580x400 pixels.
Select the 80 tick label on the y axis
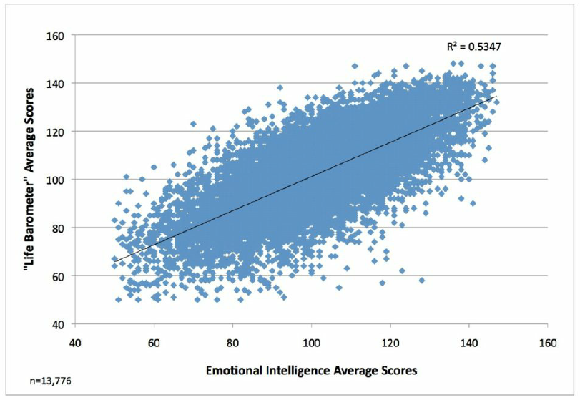pyautogui.click(x=58, y=228)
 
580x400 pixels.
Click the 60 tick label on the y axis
pyautogui.click(x=58, y=275)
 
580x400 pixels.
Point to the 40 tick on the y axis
pyautogui.click(x=58, y=324)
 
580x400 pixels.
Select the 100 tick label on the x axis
pyautogui.click(x=311, y=342)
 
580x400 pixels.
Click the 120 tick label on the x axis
pyautogui.click(x=390, y=342)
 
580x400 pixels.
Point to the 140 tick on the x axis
pyautogui.click(x=468, y=342)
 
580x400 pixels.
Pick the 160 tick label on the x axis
pyautogui.click(x=547, y=342)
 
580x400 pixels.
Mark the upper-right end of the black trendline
pyautogui.click(x=496, y=97)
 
